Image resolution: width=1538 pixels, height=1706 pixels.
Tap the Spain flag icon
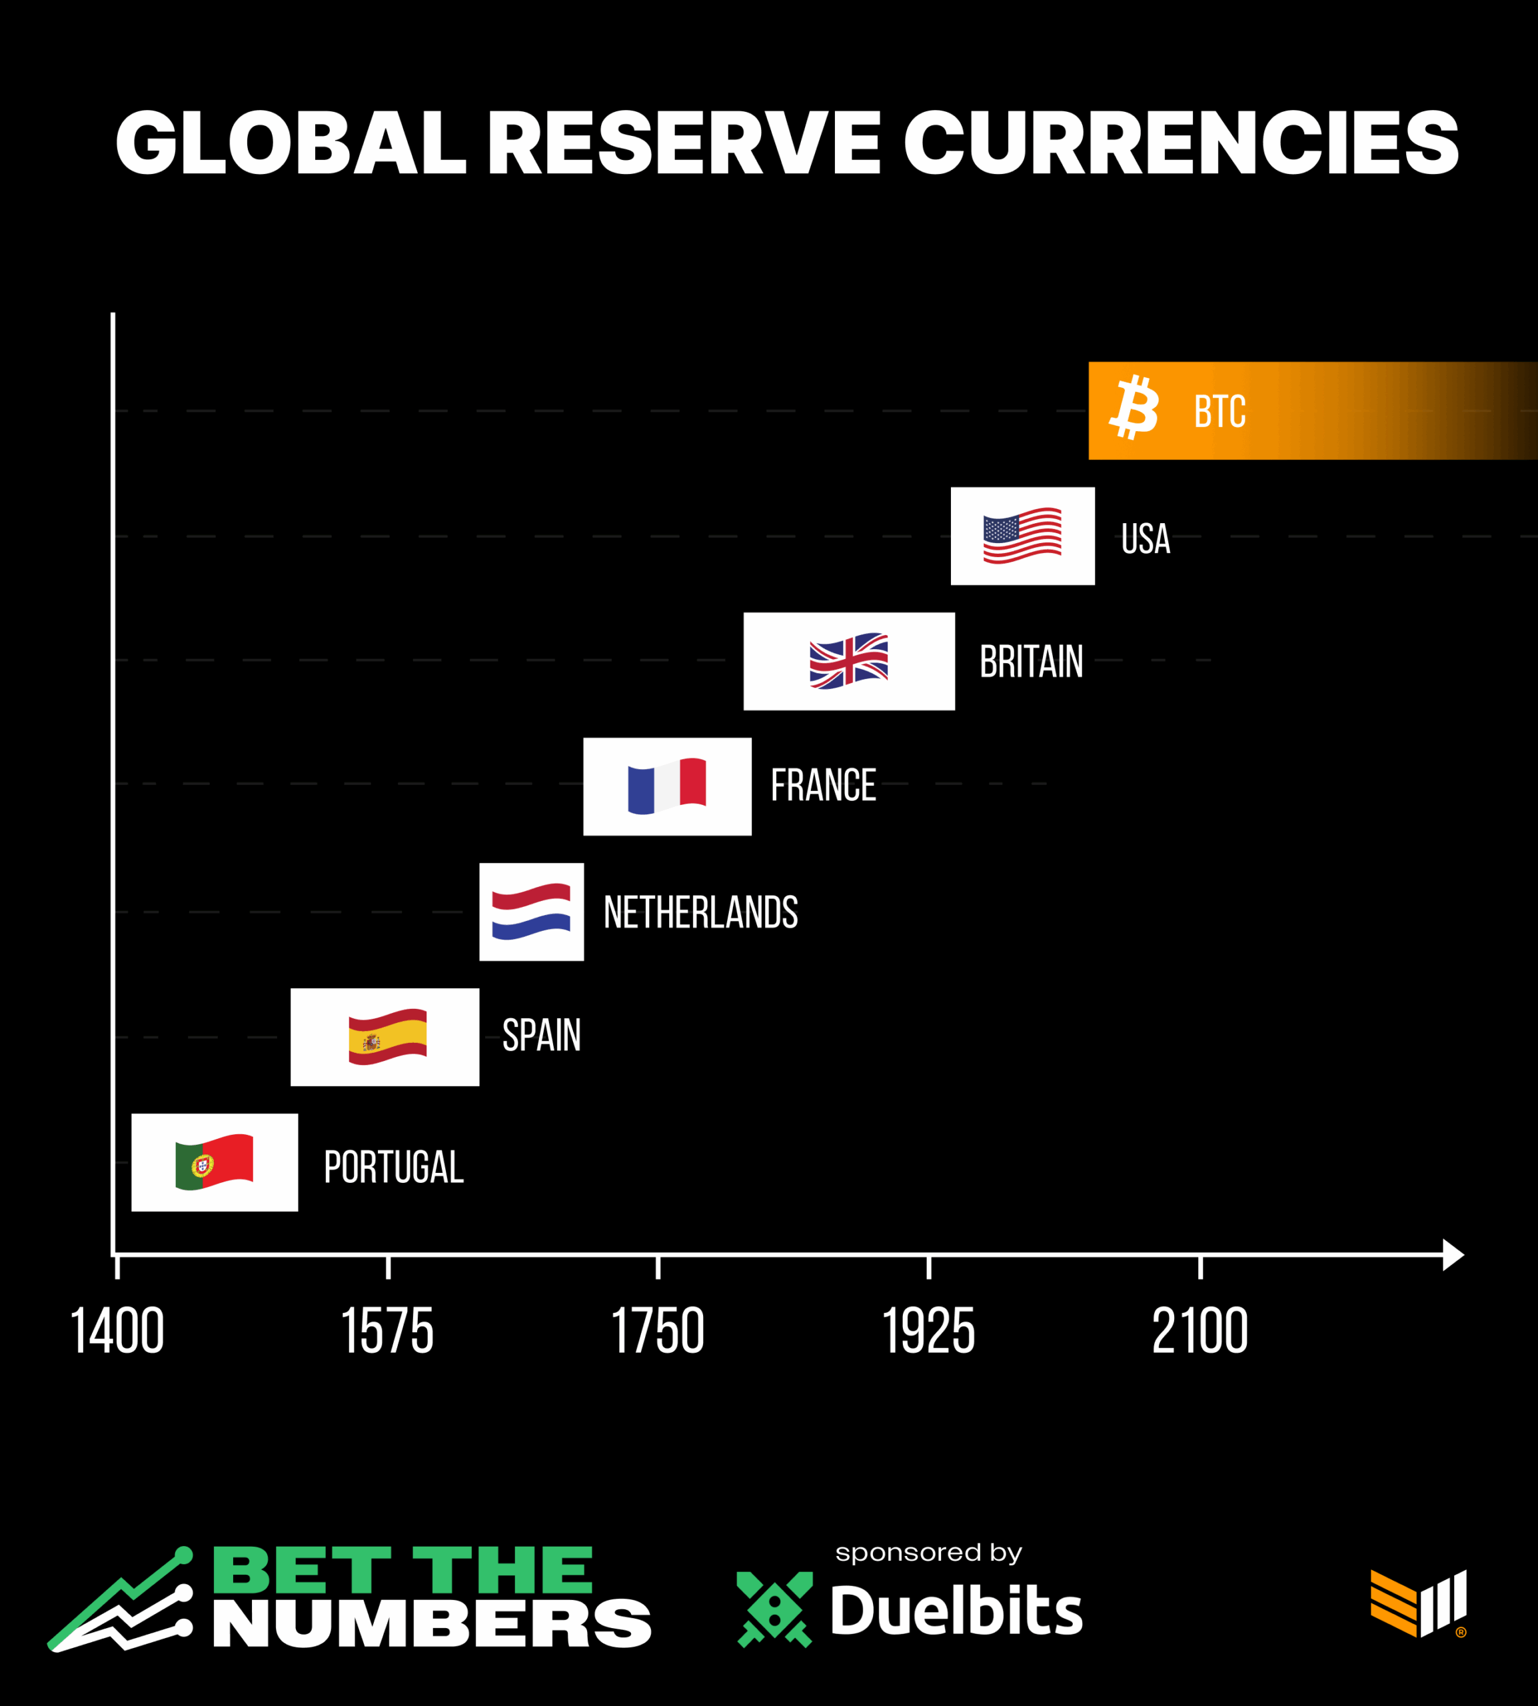[387, 1037]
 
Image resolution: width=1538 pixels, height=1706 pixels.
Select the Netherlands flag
[530, 912]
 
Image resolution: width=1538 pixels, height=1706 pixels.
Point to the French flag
[667, 786]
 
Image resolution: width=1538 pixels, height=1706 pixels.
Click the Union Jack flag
[848, 661]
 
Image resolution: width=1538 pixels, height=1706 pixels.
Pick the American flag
[1022, 536]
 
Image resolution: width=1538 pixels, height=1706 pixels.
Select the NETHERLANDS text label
[700, 912]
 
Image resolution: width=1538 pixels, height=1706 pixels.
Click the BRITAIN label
[1031, 662]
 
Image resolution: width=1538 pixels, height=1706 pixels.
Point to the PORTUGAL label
[394, 1167]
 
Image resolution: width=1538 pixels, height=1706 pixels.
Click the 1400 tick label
[117, 1331]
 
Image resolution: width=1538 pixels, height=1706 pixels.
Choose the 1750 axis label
[658, 1331]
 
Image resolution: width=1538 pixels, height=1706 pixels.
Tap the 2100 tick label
[1200, 1331]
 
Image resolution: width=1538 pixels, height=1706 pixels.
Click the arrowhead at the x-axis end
[1452, 1255]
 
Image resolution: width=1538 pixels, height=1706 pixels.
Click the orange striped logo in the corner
[1418, 1603]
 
